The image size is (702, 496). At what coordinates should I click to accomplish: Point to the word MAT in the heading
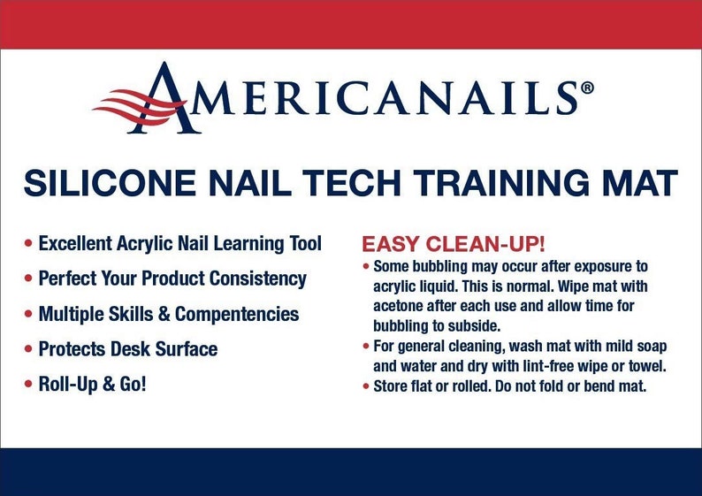pyautogui.click(x=642, y=183)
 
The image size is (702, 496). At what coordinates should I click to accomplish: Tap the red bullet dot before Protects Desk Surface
pyautogui.click(x=30, y=349)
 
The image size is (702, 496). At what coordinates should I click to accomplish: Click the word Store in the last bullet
pyautogui.click(x=390, y=386)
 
